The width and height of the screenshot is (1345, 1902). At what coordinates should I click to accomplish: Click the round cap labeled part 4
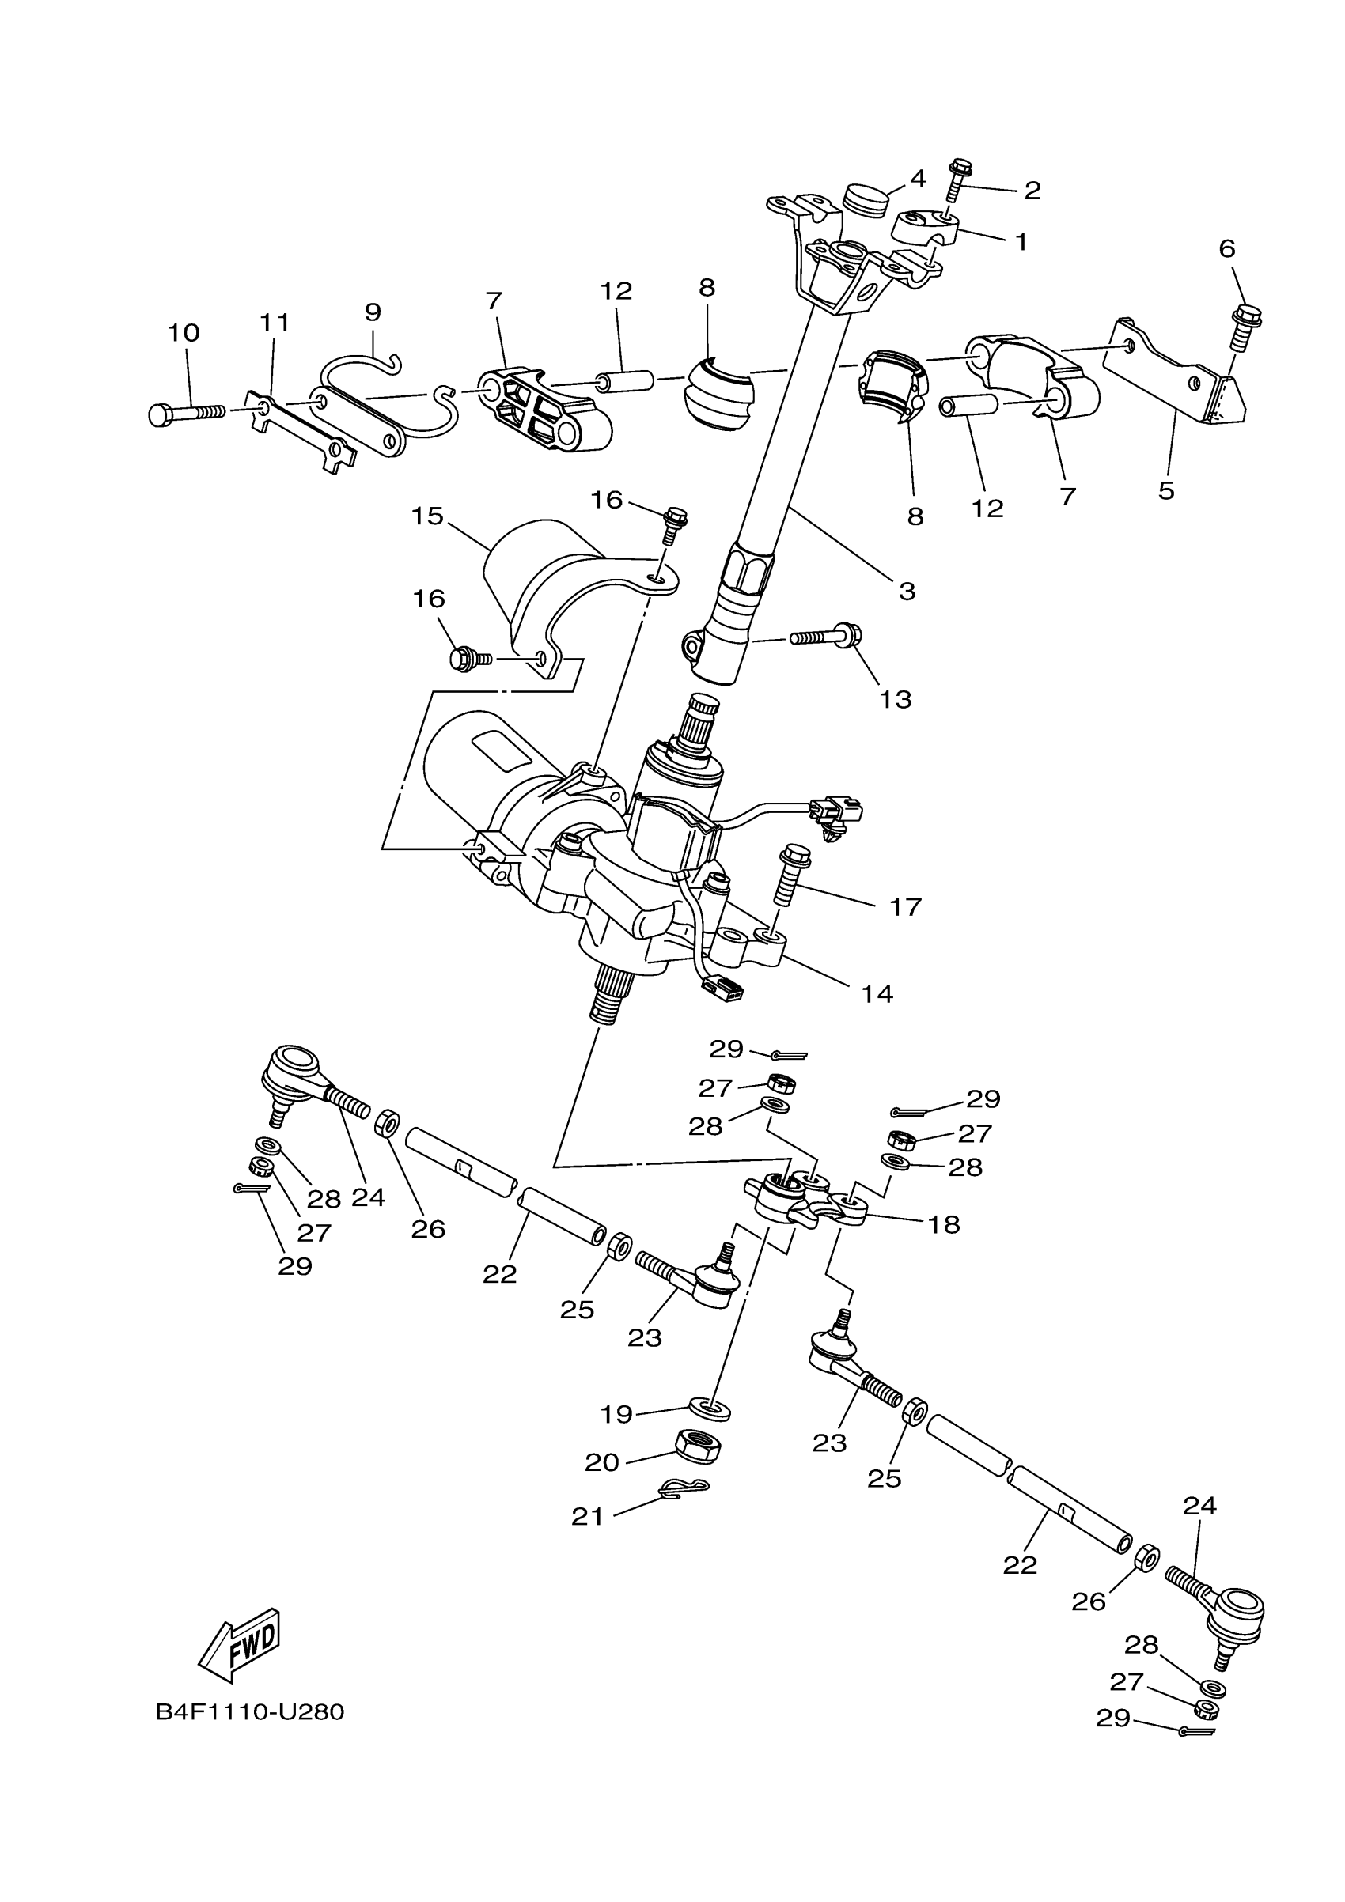[863, 199]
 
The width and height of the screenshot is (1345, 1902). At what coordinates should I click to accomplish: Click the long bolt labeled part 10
[187, 412]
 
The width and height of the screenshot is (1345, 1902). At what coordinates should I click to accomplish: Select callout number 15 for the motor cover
[427, 516]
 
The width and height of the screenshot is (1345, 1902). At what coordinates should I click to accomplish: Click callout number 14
[877, 993]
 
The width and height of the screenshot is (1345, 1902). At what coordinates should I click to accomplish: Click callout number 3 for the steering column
[907, 592]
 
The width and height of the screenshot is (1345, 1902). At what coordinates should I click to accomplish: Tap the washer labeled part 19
[710, 1407]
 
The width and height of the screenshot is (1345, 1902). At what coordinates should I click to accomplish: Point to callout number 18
[944, 1224]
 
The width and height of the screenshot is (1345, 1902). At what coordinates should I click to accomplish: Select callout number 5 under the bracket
[1166, 490]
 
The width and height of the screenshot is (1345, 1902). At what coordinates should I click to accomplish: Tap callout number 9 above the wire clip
[373, 312]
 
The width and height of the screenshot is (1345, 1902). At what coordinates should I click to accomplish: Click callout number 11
[275, 322]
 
